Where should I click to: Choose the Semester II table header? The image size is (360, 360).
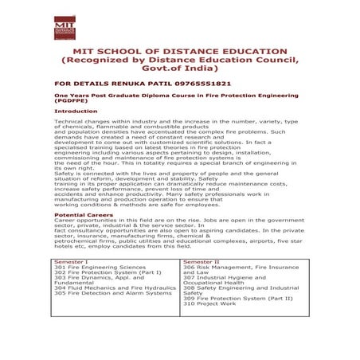[202, 260]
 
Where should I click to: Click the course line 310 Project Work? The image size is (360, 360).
[209, 303]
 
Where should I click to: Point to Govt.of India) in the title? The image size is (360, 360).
[179, 68]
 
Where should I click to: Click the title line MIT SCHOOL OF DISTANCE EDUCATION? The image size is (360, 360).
[179, 50]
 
